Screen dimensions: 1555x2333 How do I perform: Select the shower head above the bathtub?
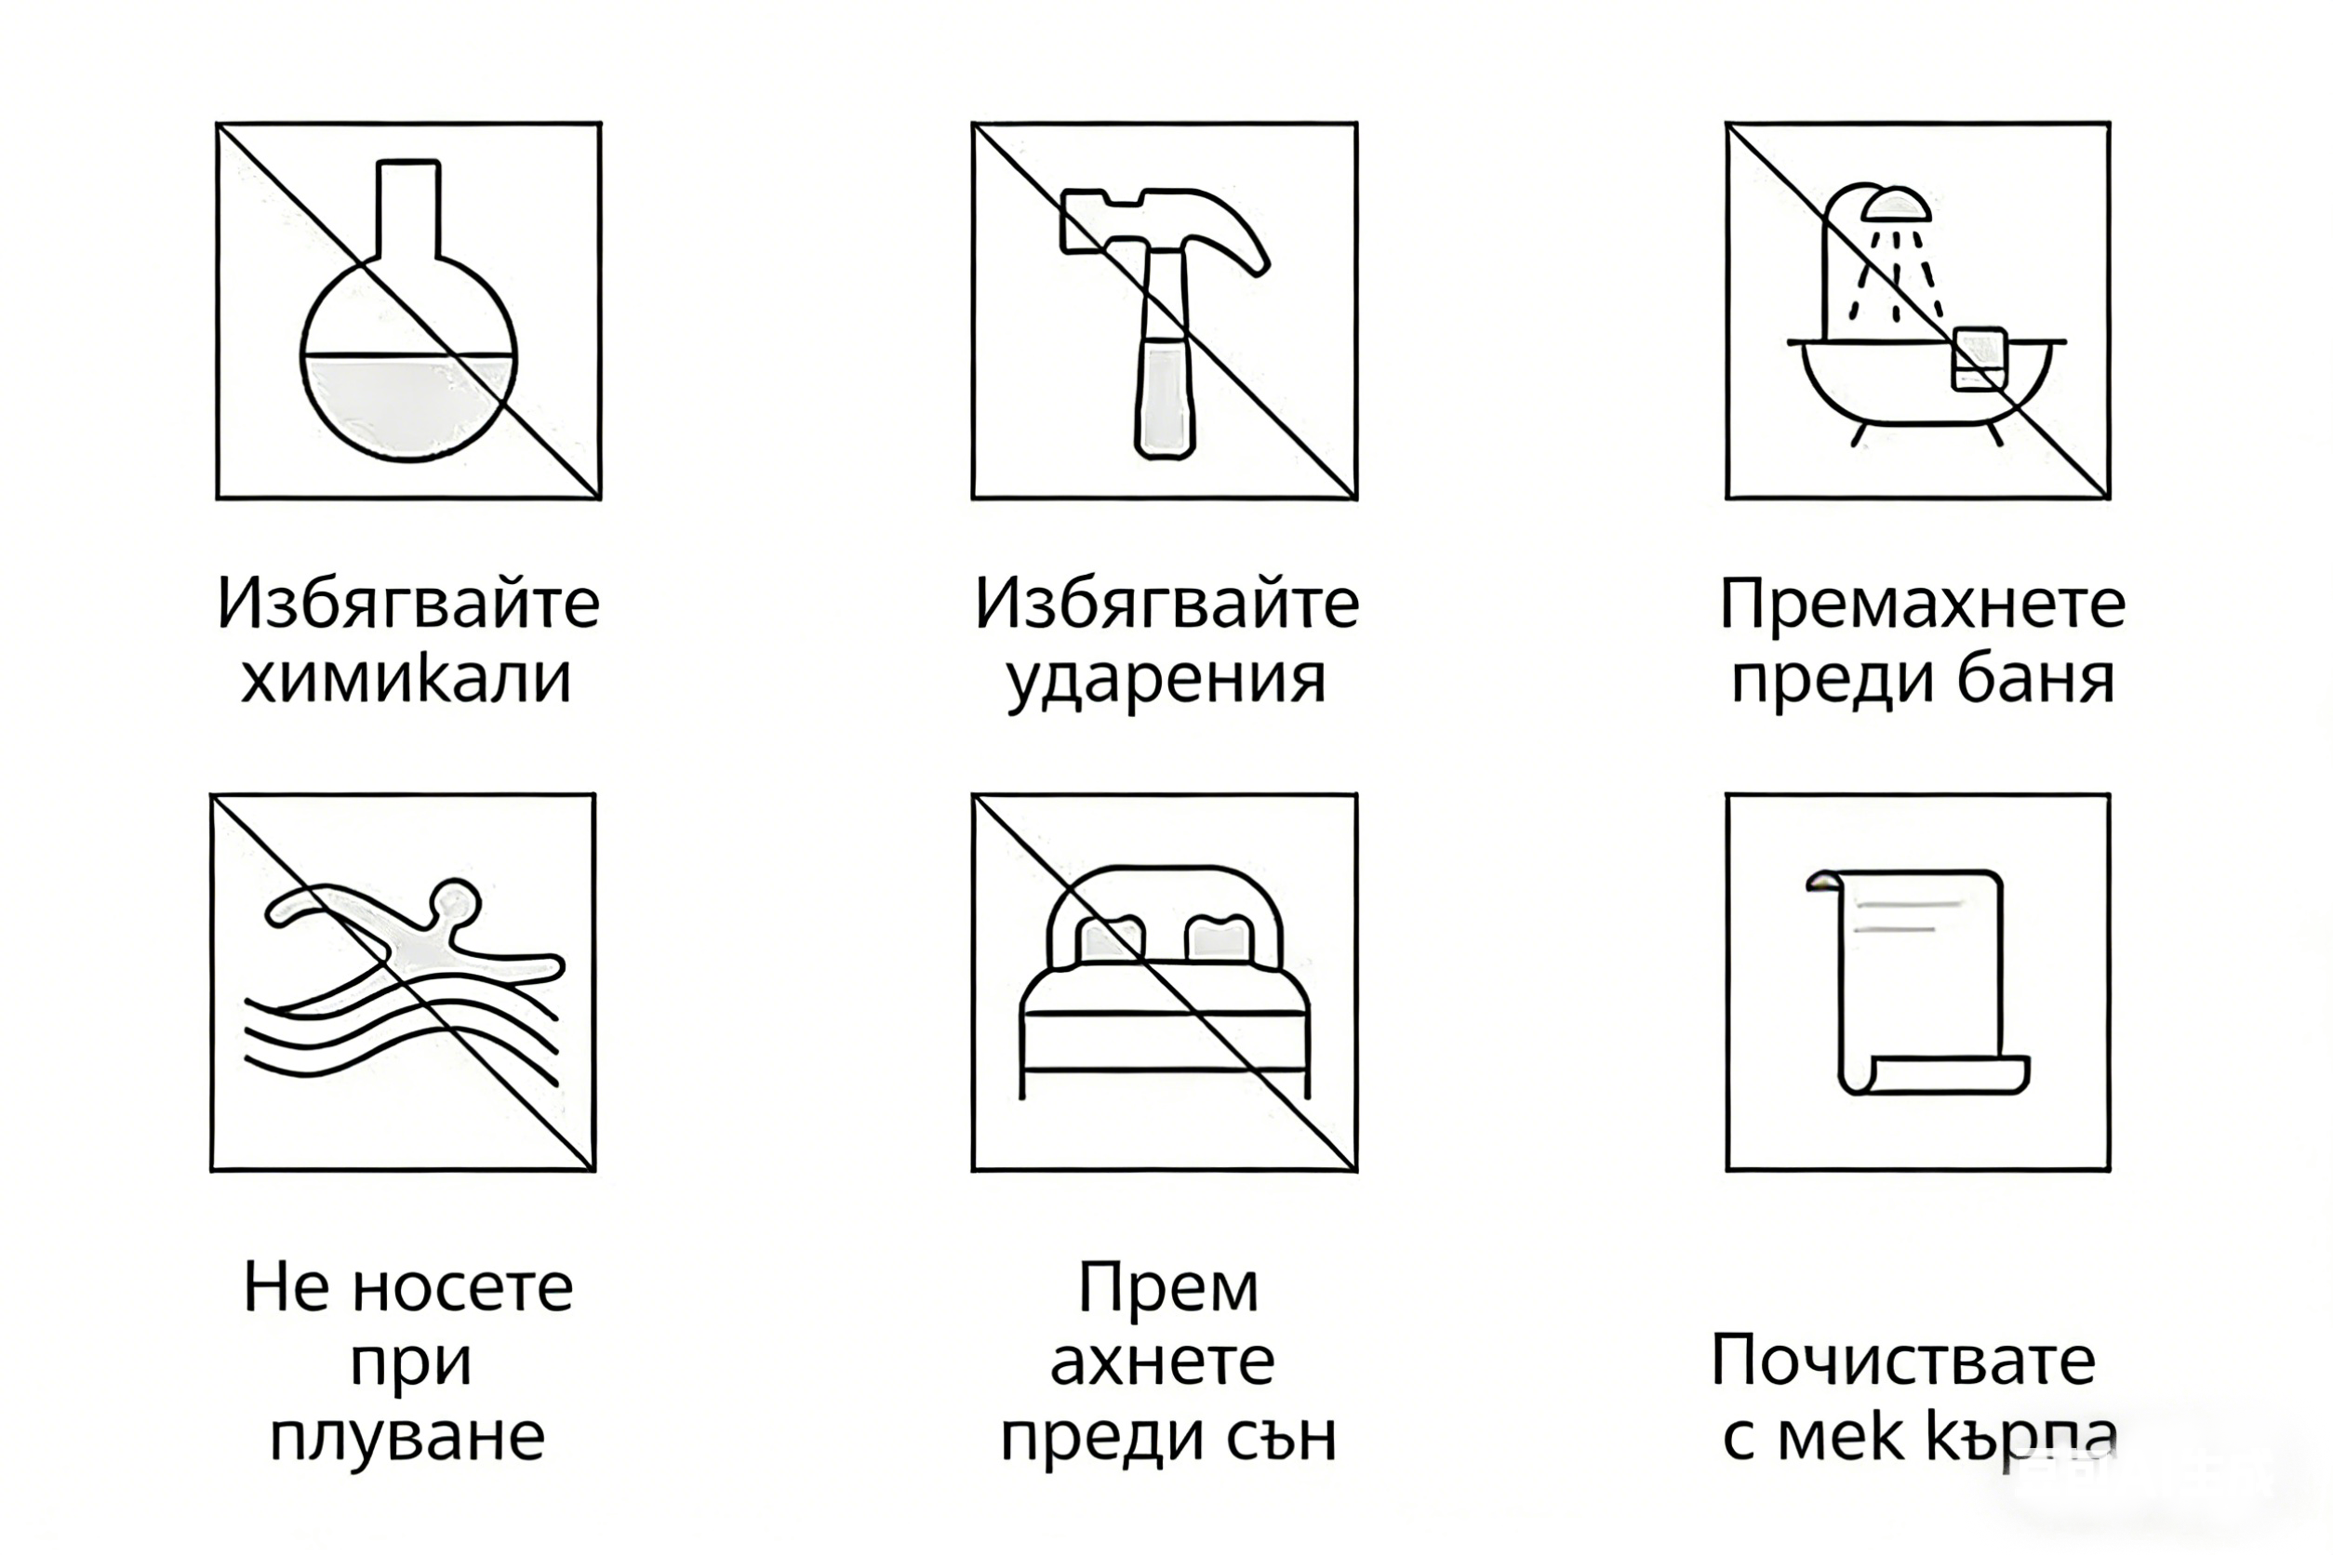[1896, 206]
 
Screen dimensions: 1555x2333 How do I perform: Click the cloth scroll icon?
[1916, 982]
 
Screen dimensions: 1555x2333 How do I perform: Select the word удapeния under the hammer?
[1166, 681]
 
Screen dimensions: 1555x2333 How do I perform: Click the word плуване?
[407, 1436]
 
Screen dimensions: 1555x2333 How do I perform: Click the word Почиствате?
[1902, 1360]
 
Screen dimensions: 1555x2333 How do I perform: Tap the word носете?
[462, 1287]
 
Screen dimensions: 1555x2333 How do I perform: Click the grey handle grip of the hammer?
[1165, 397]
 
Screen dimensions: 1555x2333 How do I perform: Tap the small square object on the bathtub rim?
[1979, 358]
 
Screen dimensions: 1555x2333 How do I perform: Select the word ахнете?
[1162, 1362]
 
